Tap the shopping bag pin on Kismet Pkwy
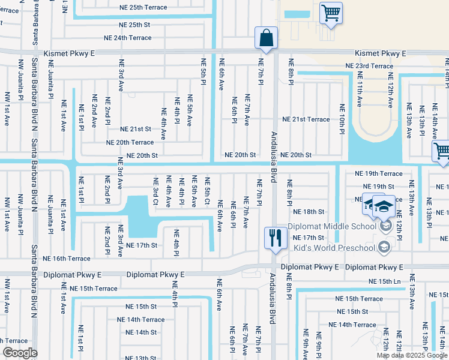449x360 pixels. click(x=265, y=37)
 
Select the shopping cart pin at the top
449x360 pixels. click(x=330, y=13)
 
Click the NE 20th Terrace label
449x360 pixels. click(x=130, y=142)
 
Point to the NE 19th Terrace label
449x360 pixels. click(x=382, y=173)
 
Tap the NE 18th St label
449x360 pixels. click(x=309, y=212)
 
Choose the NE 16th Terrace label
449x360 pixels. click(x=68, y=258)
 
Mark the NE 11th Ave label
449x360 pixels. click(x=360, y=89)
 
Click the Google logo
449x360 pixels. click(x=20, y=353)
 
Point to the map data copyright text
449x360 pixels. click(x=412, y=355)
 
